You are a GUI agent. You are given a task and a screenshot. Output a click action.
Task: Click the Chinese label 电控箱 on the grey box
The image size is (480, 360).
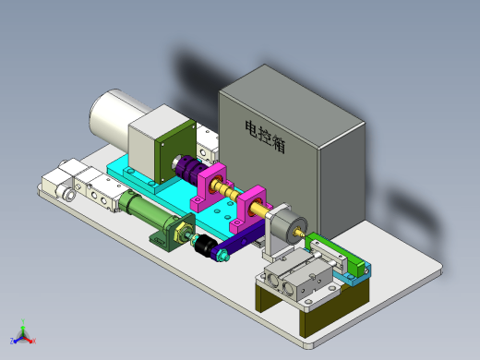pos(265,137)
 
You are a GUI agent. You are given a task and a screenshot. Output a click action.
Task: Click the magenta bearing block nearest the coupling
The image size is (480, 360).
pos(210,187)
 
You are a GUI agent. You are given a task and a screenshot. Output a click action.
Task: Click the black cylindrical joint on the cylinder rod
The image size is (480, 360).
pos(205,245)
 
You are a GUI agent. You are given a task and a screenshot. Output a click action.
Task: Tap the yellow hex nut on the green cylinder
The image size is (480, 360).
pos(183,234)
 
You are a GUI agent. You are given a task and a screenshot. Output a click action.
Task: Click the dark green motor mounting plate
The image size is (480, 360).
pos(174,151)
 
